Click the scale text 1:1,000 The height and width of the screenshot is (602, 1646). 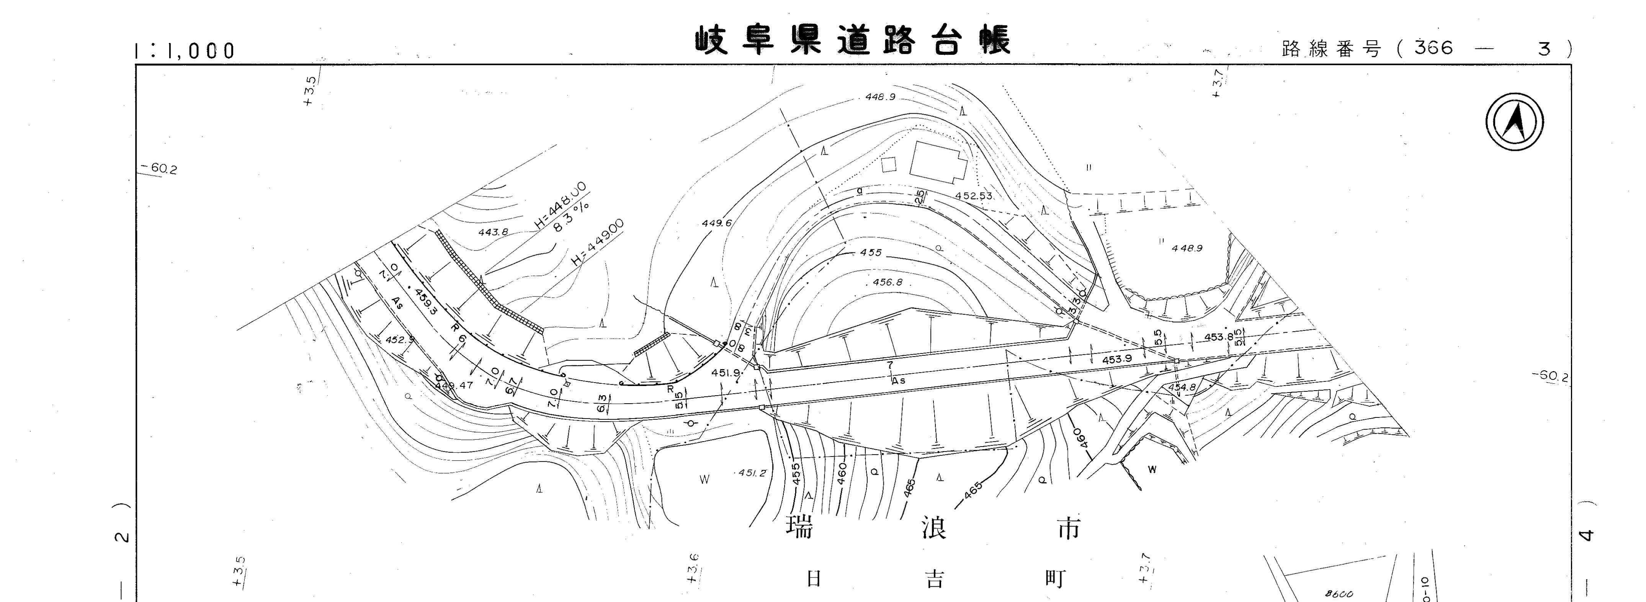click(x=185, y=51)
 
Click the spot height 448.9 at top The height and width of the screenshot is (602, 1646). click(x=880, y=97)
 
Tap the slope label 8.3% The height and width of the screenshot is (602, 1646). click(x=570, y=217)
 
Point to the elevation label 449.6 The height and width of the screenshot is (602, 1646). click(x=716, y=223)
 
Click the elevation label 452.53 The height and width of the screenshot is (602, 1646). click(x=974, y=196)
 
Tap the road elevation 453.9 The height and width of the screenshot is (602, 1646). click(x=1117, y=359)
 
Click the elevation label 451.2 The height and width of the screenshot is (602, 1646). click(x=752, y=473)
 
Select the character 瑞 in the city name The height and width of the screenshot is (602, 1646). click(x=799, y=528)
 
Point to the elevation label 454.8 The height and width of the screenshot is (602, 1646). click(x=1182, y=387)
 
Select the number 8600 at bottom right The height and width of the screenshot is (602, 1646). click(x=1339, y=594)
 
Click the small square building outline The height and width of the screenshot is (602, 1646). click(x=889, y=164)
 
